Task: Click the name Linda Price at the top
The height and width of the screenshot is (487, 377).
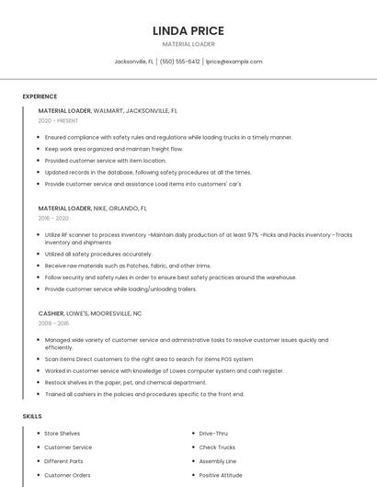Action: click(x=188, y=30)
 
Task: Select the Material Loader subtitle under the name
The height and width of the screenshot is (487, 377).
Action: click(x=188, y=44)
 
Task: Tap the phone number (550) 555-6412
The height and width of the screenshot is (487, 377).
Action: click(x=180, y=62)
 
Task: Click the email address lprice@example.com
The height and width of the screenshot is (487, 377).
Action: click(x=234, y=62)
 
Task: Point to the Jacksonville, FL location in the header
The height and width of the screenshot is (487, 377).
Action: click(x=134, y=62)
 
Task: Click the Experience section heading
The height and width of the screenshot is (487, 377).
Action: click(x=40, y=96)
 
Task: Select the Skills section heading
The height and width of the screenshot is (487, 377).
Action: click(x=32, y=416)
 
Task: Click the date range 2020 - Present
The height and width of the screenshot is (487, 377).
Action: click(x=58, y=120)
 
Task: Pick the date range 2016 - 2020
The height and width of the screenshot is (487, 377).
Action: click(x=53, y=219)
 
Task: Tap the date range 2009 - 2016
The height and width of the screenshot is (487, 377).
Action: click(x=53, y=323)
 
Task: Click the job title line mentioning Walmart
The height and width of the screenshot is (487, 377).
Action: click(x=108, y=110)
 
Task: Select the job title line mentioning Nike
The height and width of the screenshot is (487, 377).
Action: click(x=92, y=209)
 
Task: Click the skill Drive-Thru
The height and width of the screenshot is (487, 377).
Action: click(x=214, y=433)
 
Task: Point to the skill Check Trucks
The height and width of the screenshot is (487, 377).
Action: click(x=217, y=447)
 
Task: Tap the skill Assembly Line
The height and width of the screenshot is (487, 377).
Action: click(x=218, y=461)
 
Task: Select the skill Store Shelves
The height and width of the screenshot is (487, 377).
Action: click(x=63, y=433)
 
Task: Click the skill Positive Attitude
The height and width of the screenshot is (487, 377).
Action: click(x=221, y=475)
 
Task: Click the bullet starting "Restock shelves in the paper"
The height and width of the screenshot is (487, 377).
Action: click(x=125, y=382)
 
